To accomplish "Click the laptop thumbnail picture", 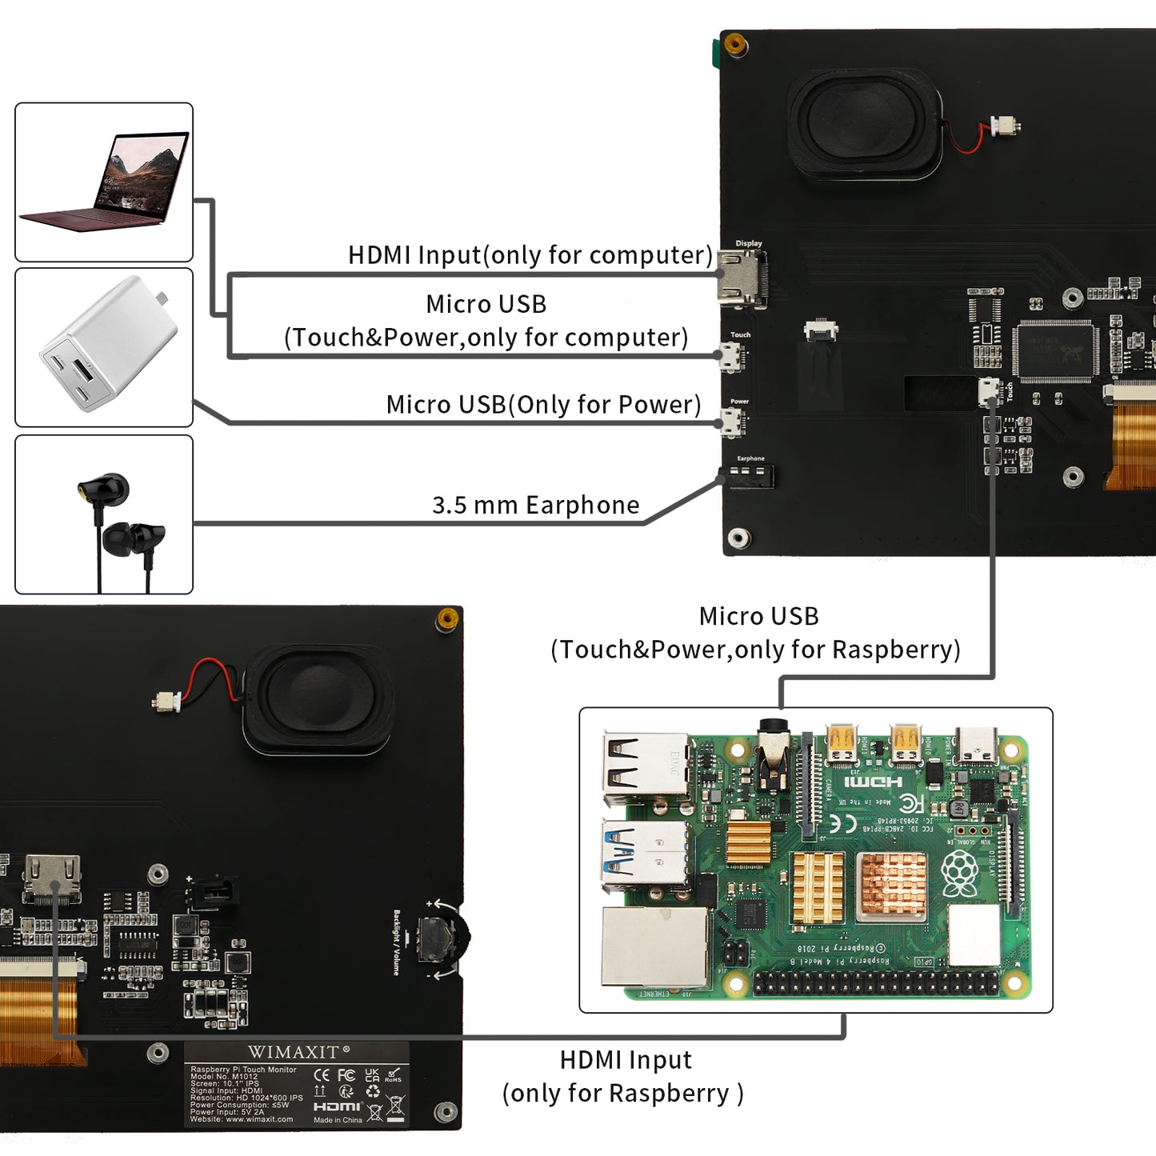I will (x=104, y=182).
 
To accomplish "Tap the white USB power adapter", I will (x=107, y=346).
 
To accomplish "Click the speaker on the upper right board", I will (x=864, y=122).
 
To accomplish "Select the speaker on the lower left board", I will (x=318, y=698).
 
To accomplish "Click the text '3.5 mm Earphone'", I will (x=535, y=506).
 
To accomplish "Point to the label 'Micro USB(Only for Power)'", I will (x=543, y=405).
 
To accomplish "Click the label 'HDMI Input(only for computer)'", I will (x=530, y=255).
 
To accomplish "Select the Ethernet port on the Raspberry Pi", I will (x=655, y=948).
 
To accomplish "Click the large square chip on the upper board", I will (x=1054, y=350).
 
